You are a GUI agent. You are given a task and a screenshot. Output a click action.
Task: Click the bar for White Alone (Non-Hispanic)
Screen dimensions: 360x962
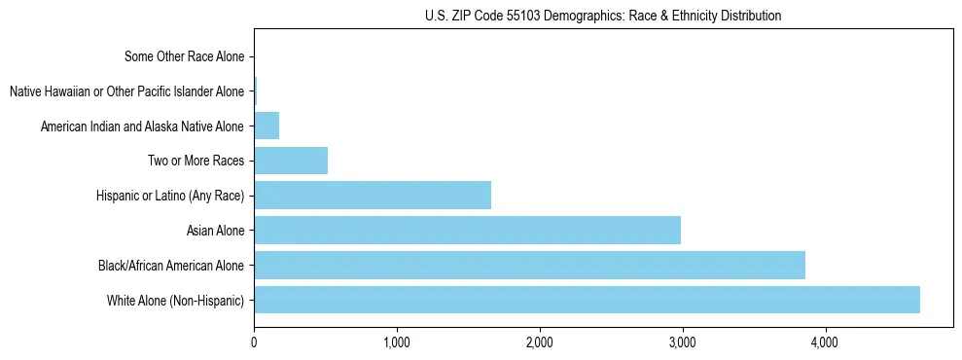587,300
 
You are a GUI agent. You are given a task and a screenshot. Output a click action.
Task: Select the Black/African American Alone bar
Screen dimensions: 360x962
529,265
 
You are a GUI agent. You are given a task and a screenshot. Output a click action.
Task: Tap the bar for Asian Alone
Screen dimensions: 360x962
467,230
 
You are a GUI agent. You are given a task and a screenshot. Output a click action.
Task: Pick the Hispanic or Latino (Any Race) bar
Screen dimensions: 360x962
373,195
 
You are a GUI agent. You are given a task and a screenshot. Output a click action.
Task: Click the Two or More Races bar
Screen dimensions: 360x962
291,160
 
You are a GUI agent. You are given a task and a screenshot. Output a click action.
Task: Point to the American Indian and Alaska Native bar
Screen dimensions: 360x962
267,126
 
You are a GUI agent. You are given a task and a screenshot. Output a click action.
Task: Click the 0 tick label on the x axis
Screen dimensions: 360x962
254,342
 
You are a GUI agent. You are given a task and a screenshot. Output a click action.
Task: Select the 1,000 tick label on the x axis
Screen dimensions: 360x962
396,342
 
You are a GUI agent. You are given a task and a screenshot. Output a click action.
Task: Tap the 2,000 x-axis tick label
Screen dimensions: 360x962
539,342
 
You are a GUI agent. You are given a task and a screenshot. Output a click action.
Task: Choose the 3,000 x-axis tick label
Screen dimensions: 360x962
682,342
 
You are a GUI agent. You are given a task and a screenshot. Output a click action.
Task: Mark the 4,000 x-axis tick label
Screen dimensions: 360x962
825,342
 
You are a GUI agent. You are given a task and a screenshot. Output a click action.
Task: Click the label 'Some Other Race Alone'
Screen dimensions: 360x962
185,56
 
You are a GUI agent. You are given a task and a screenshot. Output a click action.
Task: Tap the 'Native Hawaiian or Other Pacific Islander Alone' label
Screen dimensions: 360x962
126,91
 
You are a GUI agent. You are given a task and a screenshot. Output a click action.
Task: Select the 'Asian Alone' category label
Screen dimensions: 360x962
215,231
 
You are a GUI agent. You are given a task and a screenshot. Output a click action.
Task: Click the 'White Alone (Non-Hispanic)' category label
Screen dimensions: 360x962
176,301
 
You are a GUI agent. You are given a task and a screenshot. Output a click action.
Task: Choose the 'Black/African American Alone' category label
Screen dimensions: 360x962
171,266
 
